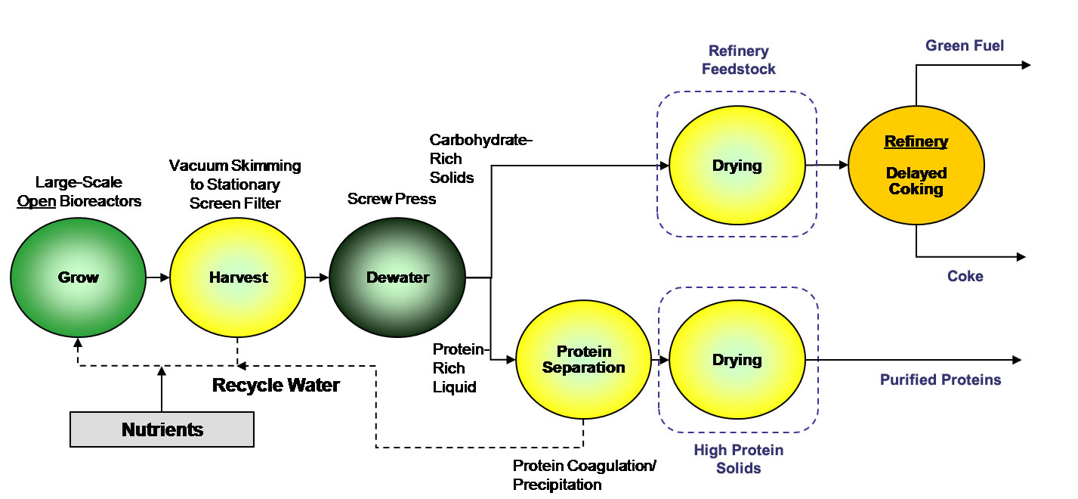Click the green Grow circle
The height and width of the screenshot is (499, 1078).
(79, 277)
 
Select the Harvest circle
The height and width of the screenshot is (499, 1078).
(238, 277)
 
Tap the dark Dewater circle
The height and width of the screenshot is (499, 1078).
(397, 277)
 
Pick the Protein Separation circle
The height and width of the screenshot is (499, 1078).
(583, 360)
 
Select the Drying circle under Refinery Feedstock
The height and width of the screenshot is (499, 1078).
(737, 166)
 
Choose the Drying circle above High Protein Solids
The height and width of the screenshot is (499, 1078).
(737, 360)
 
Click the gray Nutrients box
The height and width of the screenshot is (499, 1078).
(162, 429)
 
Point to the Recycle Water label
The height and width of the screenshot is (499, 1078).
(276, 386)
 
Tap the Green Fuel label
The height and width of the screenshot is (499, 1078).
(965, 46)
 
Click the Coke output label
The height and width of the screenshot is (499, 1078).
(965, 277)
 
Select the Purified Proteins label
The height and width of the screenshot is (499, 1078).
(940, 380)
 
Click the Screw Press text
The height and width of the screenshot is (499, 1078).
(391, 199)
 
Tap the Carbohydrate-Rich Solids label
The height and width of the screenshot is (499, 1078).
(453, 159)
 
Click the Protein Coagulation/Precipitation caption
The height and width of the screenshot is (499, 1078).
(584, 475)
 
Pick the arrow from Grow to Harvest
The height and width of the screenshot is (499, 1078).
(158, 277)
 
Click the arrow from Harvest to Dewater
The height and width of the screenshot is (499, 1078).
(317, 277)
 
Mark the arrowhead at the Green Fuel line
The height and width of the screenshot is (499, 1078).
(1025, 65)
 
